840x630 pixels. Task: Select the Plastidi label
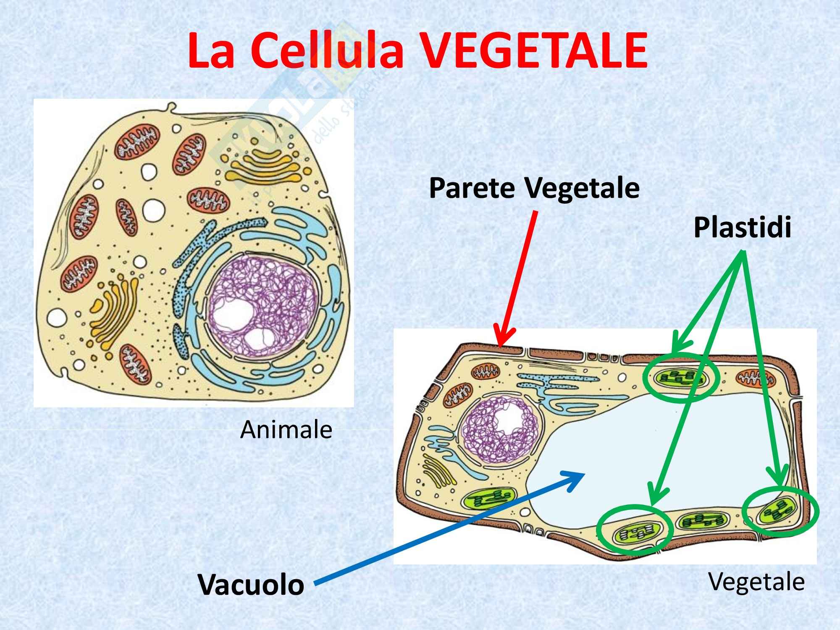point(742,228)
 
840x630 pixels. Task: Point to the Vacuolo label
point(251,584)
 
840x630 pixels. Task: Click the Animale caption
point(286,430)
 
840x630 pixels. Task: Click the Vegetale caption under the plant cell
point(756,582)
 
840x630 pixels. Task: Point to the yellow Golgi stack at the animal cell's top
point(265,168)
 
